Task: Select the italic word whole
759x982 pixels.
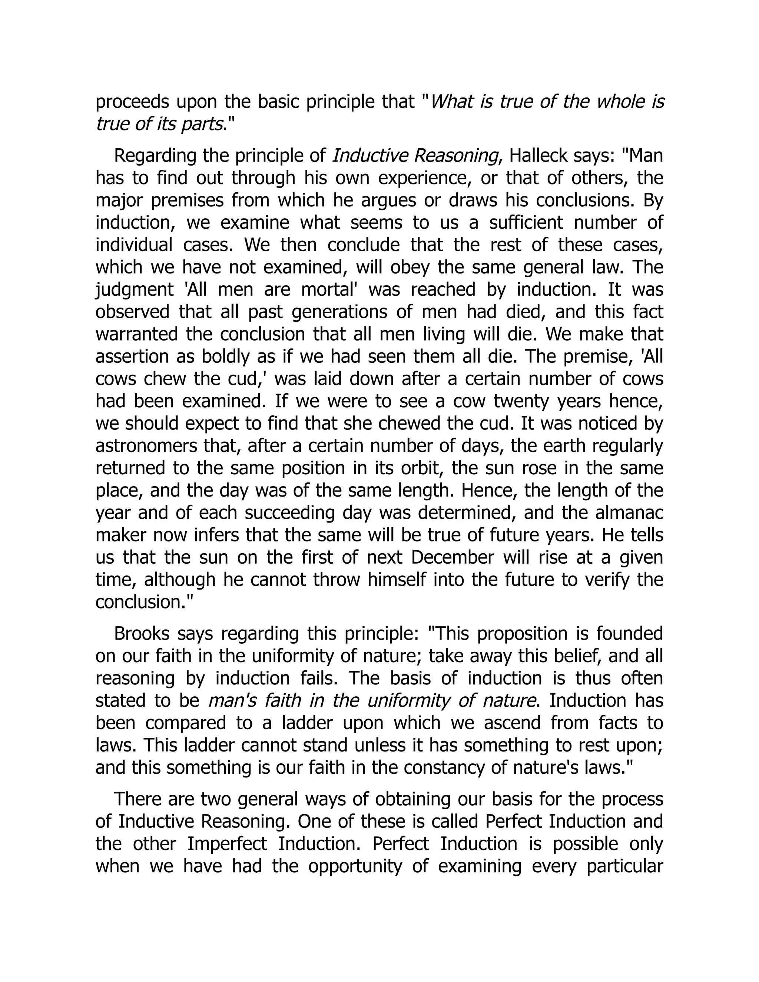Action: point(621,103)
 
